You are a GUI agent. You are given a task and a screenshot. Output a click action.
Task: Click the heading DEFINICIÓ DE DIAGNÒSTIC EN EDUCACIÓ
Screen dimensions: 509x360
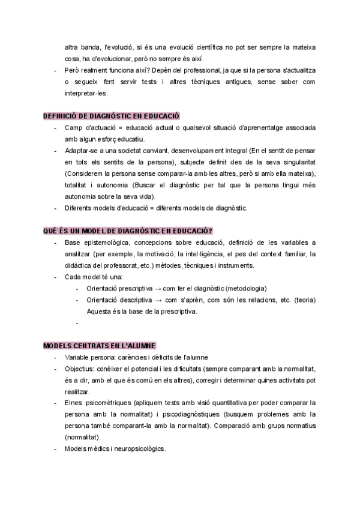(x=112, y=116)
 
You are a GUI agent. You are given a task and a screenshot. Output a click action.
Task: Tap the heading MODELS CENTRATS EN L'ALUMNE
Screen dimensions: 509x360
(x=99, y=346)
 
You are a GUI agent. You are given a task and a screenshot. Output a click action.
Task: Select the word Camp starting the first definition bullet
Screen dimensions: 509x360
(x=74, y=128)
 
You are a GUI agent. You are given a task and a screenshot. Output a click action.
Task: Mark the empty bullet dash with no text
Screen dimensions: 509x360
(x=78, y=323)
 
